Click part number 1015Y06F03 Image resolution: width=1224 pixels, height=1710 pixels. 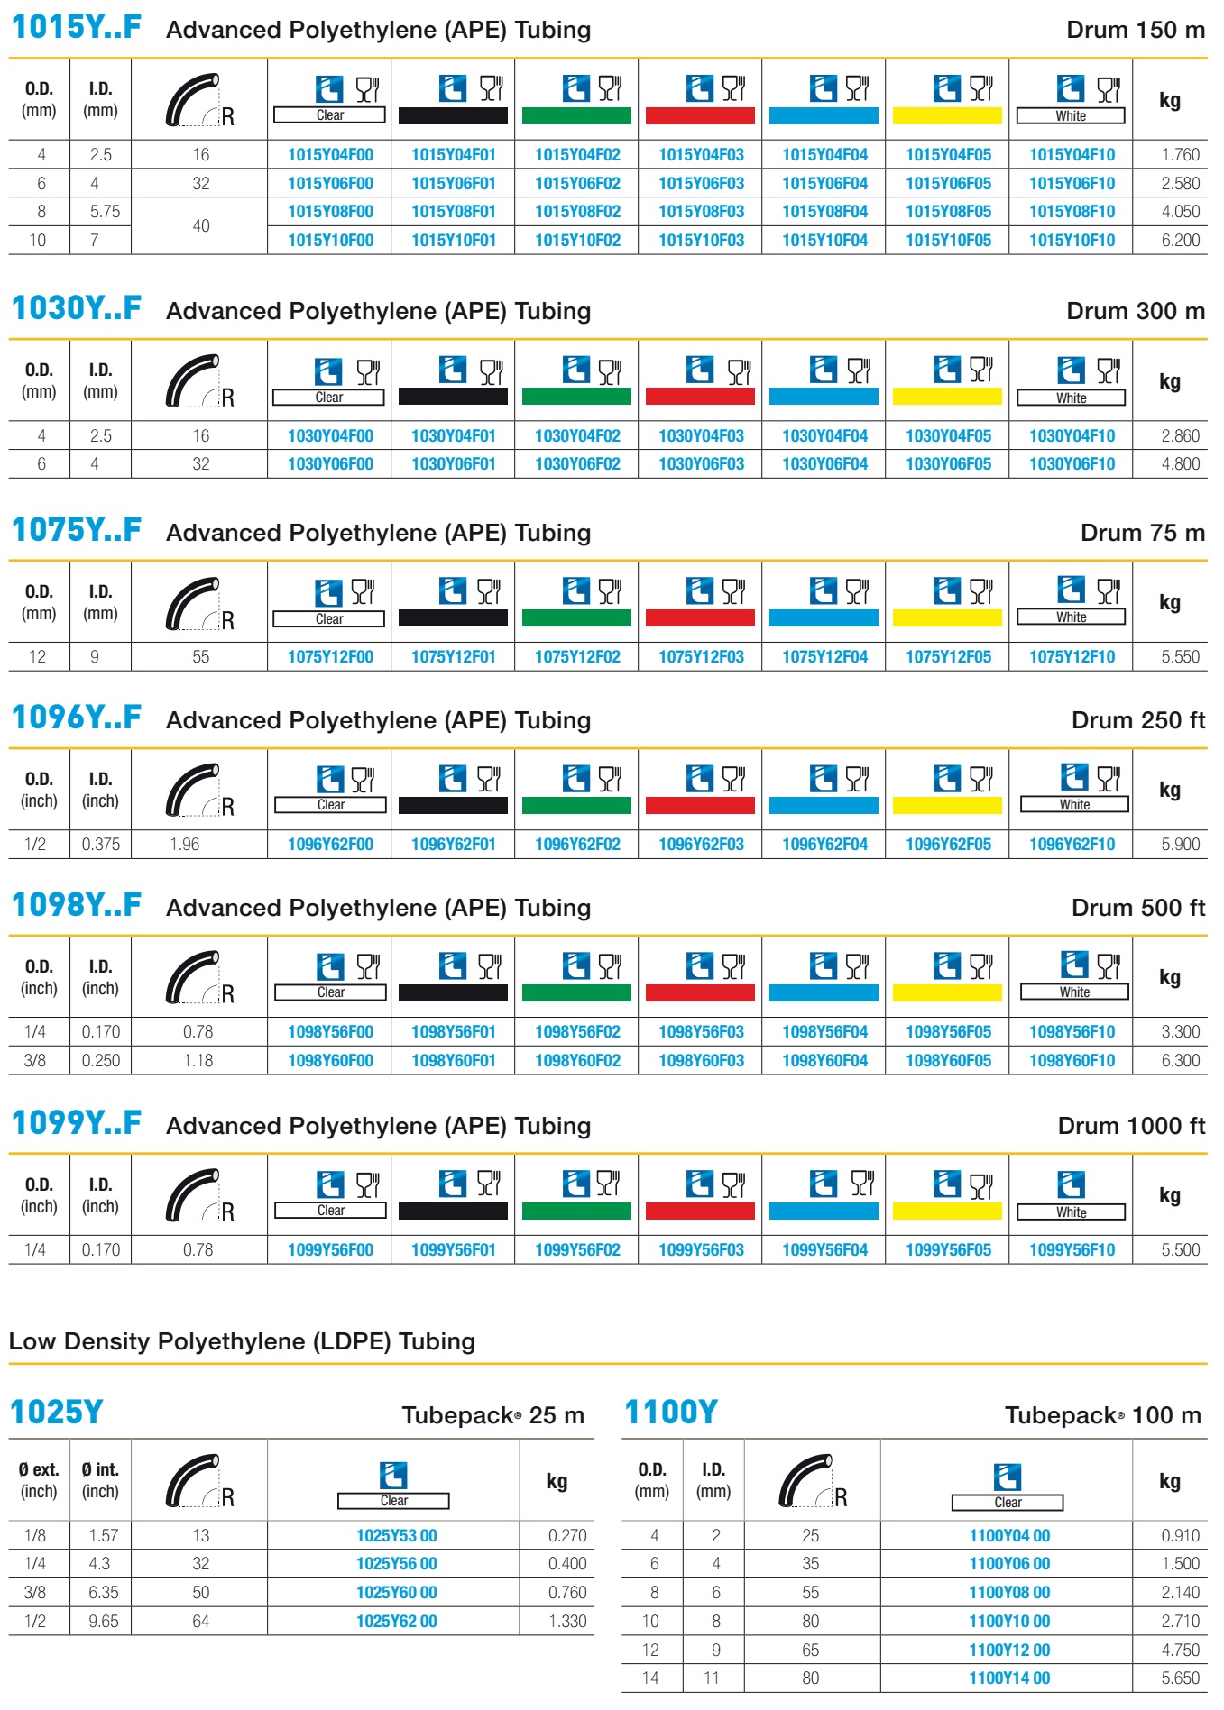click(701, 183)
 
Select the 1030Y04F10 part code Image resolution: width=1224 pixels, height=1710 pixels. click(1072, 435)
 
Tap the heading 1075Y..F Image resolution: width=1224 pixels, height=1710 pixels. click(77, 530)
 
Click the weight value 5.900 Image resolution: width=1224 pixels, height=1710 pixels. click(1180, 844)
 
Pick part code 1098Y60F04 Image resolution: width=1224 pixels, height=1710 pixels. click(824, 1060)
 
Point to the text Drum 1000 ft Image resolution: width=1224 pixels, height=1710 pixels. click(1131, 1126)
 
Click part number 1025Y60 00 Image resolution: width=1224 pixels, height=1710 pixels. click(397, 1592)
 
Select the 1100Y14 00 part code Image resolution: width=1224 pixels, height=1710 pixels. click(1009, 1678)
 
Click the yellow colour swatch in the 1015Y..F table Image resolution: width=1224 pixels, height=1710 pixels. click(947, 115)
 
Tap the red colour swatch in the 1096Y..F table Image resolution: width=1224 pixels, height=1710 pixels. click(700, 805)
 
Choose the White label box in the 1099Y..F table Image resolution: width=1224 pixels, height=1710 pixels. click(1072, 1212)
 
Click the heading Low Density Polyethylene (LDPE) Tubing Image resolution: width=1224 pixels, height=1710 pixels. click(242, 1341)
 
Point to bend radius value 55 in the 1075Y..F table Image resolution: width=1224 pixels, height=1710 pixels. click(200, 656)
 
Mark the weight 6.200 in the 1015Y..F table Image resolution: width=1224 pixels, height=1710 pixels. click(1180, 240)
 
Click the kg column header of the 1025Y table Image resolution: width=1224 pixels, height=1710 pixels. click(557, 1480)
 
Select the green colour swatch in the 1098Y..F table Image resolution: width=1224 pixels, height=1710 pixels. click(576, 992)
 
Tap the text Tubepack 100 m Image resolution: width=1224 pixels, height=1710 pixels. click(1103, 1415)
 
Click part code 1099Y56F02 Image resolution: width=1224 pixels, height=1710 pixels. click(577, 1249)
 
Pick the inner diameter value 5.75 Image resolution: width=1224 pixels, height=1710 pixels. click(105, 212)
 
